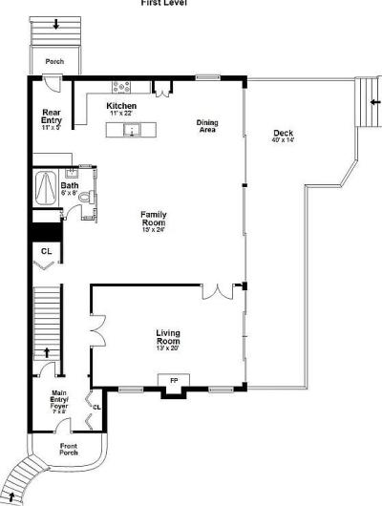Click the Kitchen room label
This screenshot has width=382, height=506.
121,105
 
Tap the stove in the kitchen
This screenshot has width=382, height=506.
122,86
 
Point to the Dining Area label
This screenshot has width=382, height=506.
207,125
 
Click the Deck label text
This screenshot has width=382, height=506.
283,133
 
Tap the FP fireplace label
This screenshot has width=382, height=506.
174,380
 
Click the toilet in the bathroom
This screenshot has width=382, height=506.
84,198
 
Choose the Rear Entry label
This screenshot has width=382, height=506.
52,116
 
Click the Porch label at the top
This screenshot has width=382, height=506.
54,61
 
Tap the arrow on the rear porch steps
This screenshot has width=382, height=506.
54,24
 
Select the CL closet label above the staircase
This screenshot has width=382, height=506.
46,251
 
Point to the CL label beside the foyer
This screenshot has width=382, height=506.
96,408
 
